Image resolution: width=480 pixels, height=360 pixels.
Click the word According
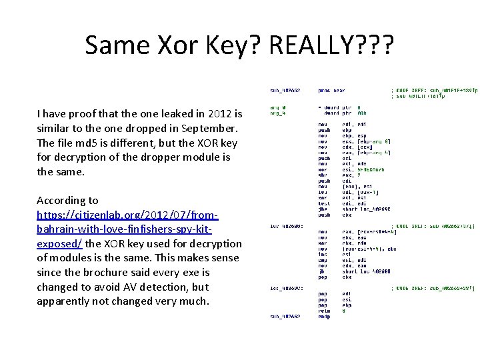click(x=67, y=200)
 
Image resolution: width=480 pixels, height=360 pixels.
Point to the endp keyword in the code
click(x=324, y=317)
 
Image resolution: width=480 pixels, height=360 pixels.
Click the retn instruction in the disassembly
click(x=324, y=309)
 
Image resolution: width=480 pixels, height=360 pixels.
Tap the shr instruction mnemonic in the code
click(x=322, y=174)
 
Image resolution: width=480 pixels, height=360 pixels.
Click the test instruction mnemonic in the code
click(x=323, y=202)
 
